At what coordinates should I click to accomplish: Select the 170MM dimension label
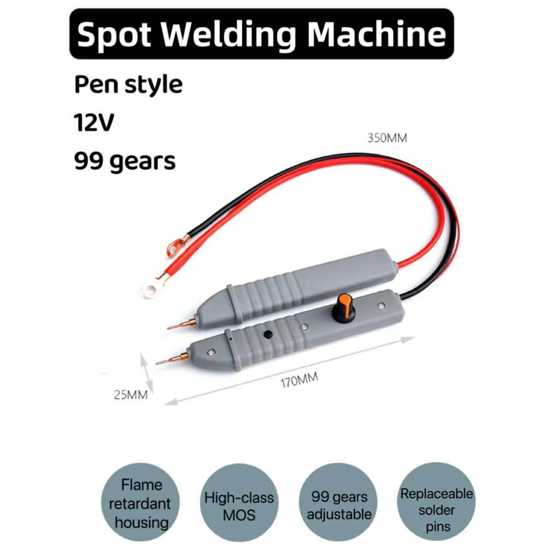296,380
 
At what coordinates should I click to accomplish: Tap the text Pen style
128,85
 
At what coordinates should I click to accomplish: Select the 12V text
94,123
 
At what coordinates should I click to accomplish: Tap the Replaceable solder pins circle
436,504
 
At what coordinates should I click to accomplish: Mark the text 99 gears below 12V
125,161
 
